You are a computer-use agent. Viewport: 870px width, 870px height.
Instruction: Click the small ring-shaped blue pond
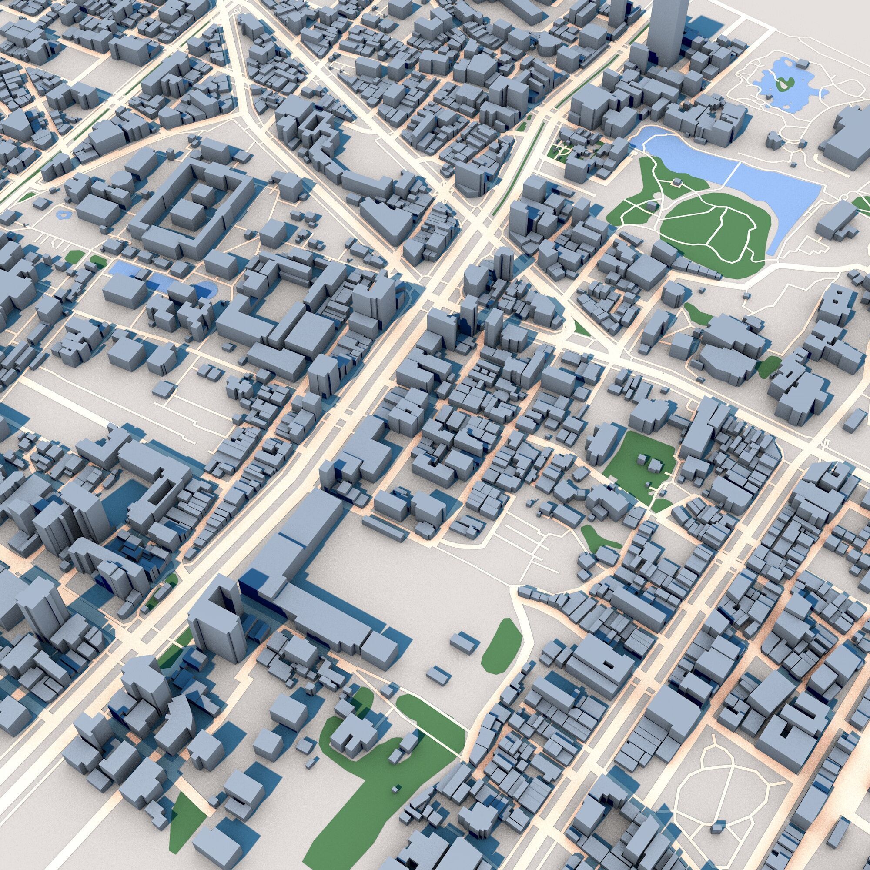point(64,214)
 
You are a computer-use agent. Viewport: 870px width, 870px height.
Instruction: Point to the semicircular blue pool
point(205,289)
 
